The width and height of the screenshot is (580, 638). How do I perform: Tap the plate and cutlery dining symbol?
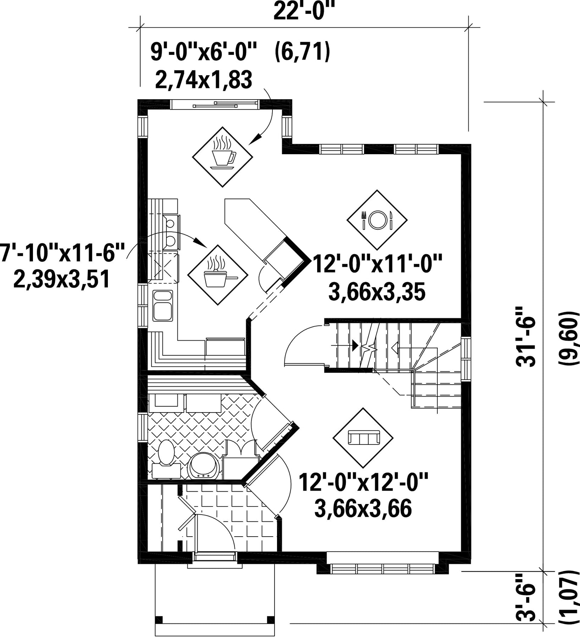click(377, 220)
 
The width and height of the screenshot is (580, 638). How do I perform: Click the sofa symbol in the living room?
click(363, 438)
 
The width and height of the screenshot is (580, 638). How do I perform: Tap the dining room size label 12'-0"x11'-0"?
click(378, 265)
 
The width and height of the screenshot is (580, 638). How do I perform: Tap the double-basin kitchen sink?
click(163, 306)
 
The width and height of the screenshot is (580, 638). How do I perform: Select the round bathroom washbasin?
click(204, 466)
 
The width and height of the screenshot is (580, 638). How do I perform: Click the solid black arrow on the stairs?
click(354, 345)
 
